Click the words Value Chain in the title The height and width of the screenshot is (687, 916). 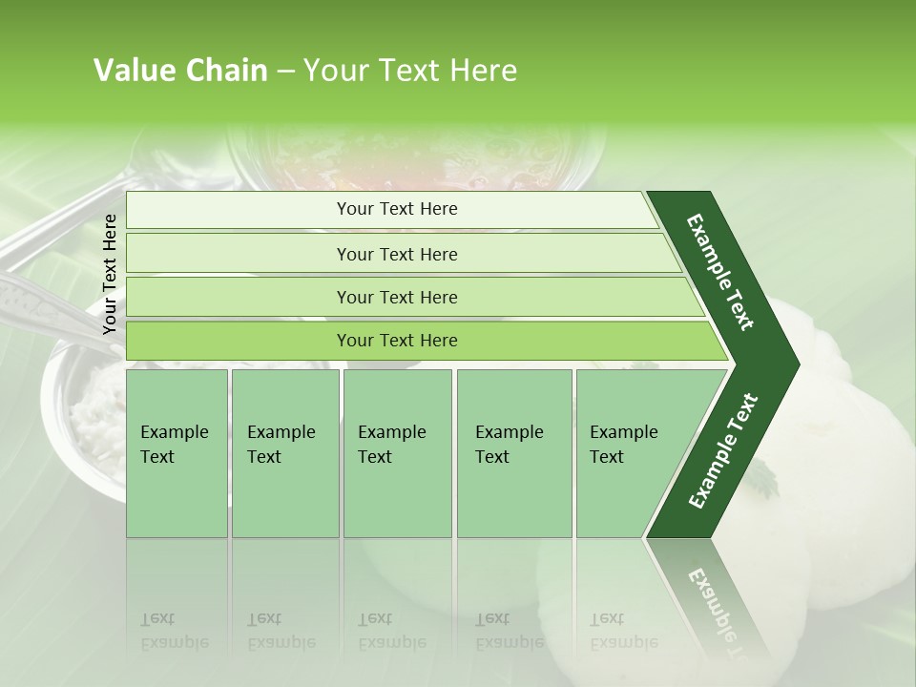pyautogui.click(x=180, y=71)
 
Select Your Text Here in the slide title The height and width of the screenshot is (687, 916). pyautogui.click(x=410, y=71)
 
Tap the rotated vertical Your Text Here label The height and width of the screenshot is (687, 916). pyautogui.click(x=110, y=274)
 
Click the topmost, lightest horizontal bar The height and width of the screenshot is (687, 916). pyautogui.click(x=396, y=209)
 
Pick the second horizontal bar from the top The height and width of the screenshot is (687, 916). pyautogui.click(x=396, y=254)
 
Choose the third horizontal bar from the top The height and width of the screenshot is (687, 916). pyautogui.click(x=396, y=297)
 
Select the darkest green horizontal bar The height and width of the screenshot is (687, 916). pyautogui.click(x=396, y=341)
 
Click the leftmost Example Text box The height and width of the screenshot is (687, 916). pyautogui.click(x=177, y=453)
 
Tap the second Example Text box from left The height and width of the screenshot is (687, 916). pyautogui.click(x=284, y=453)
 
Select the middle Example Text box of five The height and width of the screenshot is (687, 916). pyautogui.click(x=397, y=453)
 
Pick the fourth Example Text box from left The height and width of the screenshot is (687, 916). pyautogui.click(x=513, y=453)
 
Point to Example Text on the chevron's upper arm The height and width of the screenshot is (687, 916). pyautogui.click(x=720, y=272)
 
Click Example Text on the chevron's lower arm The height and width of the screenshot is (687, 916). pyautogui.click(x=723, y=450)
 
